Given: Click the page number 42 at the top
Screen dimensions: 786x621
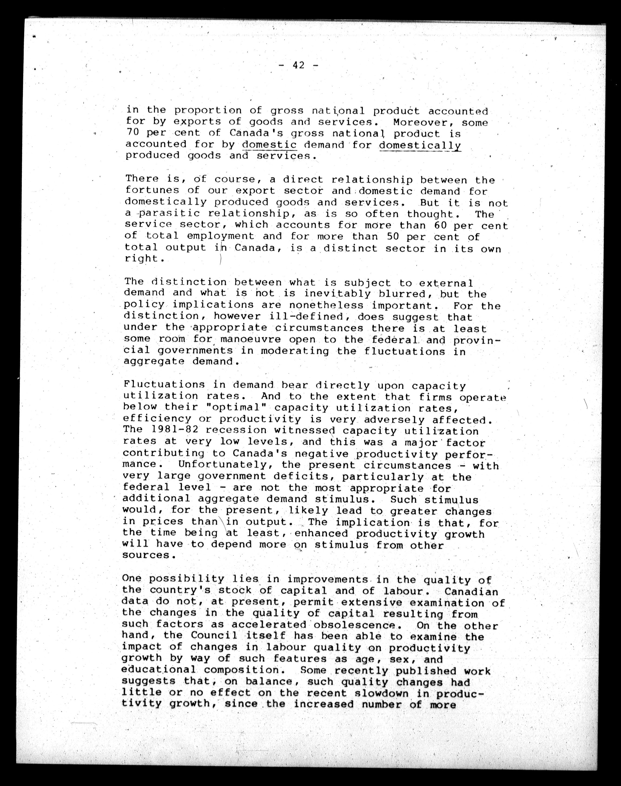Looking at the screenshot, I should pyautogui.click(x=298, y=65).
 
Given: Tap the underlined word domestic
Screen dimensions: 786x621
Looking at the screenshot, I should pyautogui.click(x=269, y=145).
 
